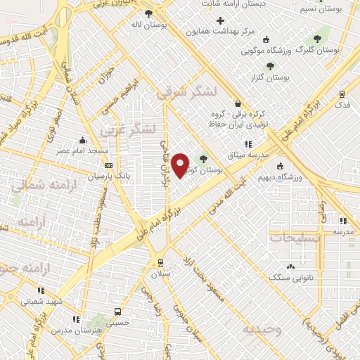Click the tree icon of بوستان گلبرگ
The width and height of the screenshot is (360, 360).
pos(317,39)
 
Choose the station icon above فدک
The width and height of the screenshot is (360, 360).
pos(342,94)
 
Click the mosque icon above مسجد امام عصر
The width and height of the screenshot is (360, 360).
pos(83,140)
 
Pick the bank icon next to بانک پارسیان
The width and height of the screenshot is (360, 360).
pos(108,166)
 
